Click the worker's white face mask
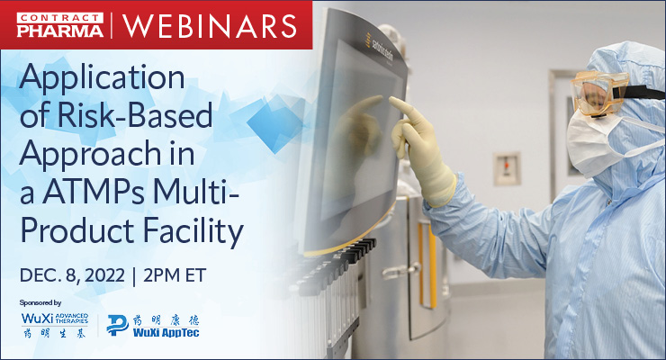coord(590,136)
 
